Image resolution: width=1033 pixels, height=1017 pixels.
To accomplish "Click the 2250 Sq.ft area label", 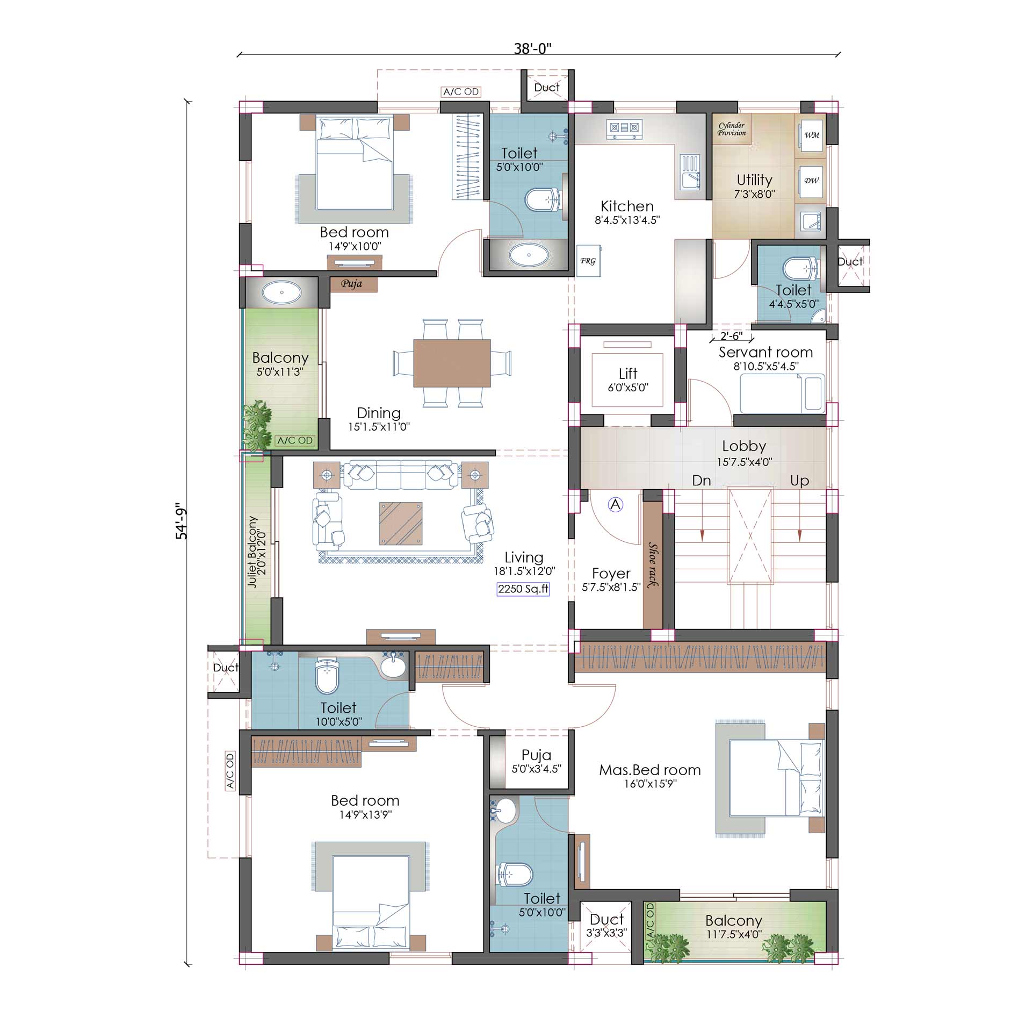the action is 523,589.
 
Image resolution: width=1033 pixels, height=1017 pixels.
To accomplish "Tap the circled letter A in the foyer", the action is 616,505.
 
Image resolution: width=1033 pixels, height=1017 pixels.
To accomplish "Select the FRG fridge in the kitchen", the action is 588,261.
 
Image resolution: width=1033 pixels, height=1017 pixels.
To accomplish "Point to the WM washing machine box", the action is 812,135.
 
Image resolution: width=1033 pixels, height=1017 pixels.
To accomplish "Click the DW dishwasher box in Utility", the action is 811,181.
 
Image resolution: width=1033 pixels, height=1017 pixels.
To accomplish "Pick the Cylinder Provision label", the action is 732,129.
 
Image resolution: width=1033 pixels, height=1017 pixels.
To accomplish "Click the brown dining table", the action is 452,363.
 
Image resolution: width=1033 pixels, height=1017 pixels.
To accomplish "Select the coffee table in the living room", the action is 401,523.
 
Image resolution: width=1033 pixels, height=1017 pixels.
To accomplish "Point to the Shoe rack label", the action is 653,565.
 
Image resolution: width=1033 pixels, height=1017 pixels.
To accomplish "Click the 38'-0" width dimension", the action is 533,49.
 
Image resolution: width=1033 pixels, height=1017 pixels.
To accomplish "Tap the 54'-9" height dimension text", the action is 182,522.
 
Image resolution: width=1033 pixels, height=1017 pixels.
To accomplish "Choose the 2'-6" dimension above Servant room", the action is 732,336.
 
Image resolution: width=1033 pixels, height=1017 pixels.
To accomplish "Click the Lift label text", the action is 628,373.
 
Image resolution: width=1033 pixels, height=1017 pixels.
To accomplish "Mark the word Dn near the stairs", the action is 702,481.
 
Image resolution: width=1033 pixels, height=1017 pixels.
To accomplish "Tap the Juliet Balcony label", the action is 252,552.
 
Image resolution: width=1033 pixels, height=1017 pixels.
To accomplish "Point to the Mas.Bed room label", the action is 650,770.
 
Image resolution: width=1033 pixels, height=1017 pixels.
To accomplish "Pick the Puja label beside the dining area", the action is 352,284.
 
